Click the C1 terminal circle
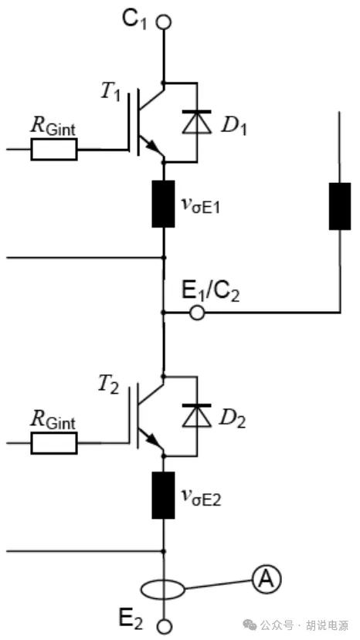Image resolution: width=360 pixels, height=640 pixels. (x=164, y=22)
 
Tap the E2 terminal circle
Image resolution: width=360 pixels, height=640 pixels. (x=164, y=626)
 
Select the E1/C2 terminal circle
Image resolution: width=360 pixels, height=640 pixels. (x=197, y=313)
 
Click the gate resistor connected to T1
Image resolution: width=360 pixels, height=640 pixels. (x=53, y=149)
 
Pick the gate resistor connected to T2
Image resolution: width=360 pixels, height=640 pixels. (x=53, y=443)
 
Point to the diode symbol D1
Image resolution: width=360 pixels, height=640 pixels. (x=197, y=122)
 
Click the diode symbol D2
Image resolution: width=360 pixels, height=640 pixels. (x=197, y=415)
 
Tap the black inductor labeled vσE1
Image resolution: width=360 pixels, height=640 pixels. (x=164, y=204)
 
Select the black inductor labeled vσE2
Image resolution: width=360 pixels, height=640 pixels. (x=164, y=496)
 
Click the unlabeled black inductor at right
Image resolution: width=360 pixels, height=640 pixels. (x=340, y=206)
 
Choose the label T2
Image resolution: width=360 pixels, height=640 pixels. (x=108, y=385)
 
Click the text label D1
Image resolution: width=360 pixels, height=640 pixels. (x=233, y=127)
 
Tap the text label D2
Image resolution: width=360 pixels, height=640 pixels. (x=233, y=421)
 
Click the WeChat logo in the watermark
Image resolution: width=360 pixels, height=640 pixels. (x=250, y=625)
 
